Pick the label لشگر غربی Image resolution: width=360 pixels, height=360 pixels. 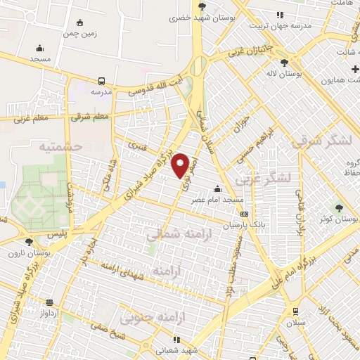263,179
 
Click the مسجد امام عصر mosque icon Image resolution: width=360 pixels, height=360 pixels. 217,188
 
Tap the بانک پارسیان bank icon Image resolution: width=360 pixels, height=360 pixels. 244,214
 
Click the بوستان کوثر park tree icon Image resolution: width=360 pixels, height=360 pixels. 339,208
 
